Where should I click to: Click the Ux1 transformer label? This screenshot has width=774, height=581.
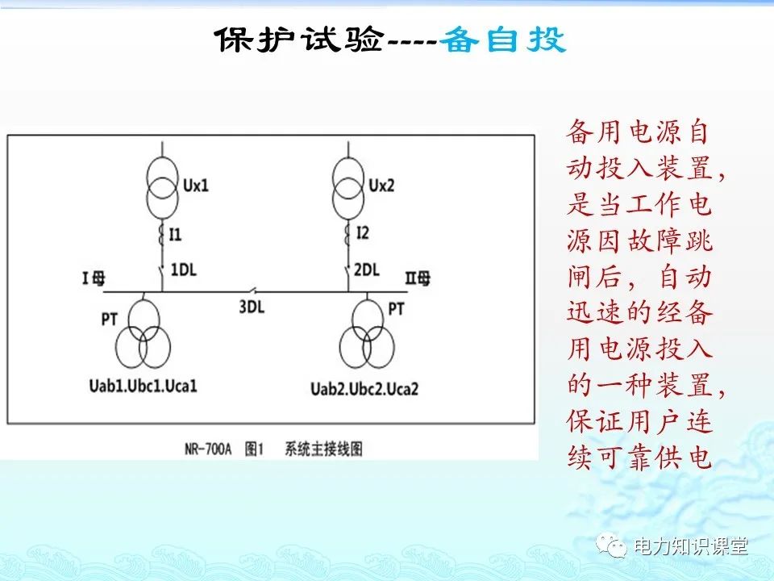coord(195,186)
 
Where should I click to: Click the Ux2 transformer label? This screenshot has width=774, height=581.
coord(381,186)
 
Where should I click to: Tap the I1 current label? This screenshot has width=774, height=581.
coord(176,234)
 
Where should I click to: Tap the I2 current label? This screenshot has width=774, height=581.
coord(362,234)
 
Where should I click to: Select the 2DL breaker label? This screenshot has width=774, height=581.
coord(367,270)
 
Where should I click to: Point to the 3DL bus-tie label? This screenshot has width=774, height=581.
coord(252,307)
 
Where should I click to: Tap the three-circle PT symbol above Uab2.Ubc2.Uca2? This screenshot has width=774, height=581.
coord(367,336)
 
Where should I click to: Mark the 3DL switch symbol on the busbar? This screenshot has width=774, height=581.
coord(254,290)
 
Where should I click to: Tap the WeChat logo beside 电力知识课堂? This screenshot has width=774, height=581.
coord(615,546)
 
